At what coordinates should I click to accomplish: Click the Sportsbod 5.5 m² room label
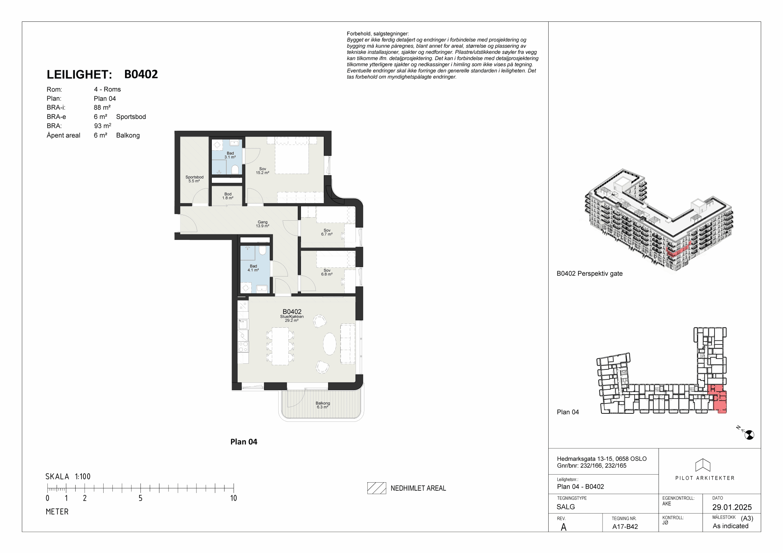[x=194, y=179]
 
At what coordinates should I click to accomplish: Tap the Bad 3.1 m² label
[x=230, y=155]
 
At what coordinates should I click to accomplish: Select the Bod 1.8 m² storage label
[x=228, y=196]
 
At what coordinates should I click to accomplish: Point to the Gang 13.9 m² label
[x=263, y=224]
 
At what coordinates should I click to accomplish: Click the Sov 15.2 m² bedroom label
[x=263, y=171]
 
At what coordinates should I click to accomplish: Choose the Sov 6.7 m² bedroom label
[x=327, y=233]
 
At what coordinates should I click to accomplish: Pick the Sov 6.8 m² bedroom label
[x=327, y=272]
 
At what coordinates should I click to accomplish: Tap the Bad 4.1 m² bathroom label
[x=253, y=268]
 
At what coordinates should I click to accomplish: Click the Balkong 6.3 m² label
[x=323, y=405]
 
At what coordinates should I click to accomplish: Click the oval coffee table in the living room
[x=330, y=344]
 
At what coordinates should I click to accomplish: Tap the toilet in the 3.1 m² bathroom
[x=235, y=169]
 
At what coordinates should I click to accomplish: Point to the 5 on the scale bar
[x=140, y=498]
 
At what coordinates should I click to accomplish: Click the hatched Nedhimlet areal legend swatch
[x=377, y=488]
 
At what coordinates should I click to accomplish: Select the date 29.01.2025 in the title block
[x=732, y=507]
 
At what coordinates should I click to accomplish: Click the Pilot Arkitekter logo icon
[x=703, y=465]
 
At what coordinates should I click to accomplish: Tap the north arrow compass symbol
[x=749, y=434]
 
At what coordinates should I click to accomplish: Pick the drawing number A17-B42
[x=625, y=527]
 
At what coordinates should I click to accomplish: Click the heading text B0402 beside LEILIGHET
[x=141, y=74]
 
